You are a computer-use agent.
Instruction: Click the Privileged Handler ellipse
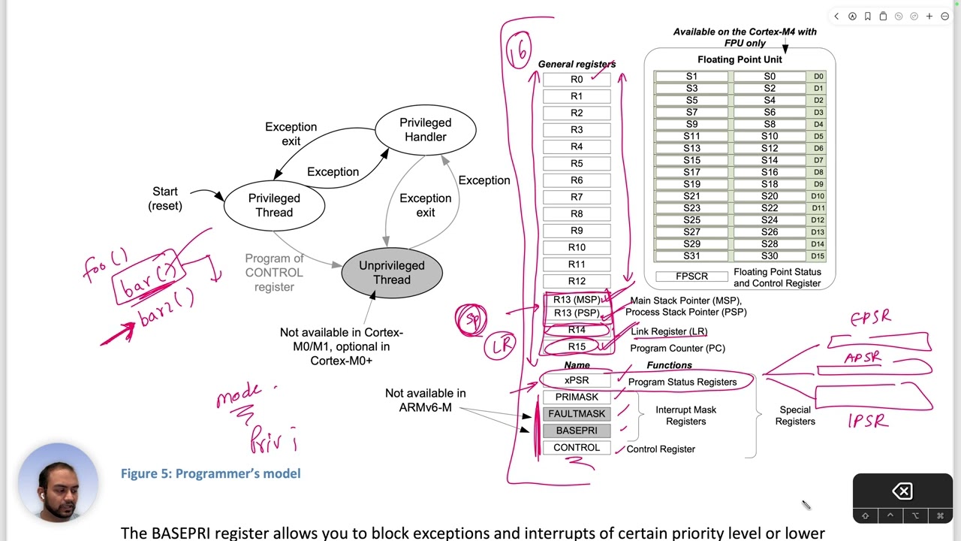tap(425, 130)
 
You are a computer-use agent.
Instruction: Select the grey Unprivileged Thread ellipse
tap(391, 273)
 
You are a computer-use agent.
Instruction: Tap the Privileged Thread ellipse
tap(274, 205)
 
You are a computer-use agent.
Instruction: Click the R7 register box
tap(577, 197)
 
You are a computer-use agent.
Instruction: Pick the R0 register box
tap(577, 80)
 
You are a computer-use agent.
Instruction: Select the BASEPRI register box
tap(577, 431)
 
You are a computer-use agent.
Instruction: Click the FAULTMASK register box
tap(577, 414)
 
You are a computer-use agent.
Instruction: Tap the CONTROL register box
tap(577, 448)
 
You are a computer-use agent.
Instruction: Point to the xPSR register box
tap(577, 381)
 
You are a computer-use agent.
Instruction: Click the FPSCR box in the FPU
tap(691, 277)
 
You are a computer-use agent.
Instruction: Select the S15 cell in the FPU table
tap(691, 160)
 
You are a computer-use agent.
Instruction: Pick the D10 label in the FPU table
tap(818, 196)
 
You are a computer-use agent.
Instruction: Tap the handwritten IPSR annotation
tap(868, 422)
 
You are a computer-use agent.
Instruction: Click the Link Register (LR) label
tap(668, 331)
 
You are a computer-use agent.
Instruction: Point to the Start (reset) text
tap(165, 198)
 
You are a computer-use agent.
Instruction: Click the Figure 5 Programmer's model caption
tap(210, 473)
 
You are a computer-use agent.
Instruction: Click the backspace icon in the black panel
tap(902, 491)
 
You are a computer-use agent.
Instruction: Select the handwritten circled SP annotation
tap(471, 319)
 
